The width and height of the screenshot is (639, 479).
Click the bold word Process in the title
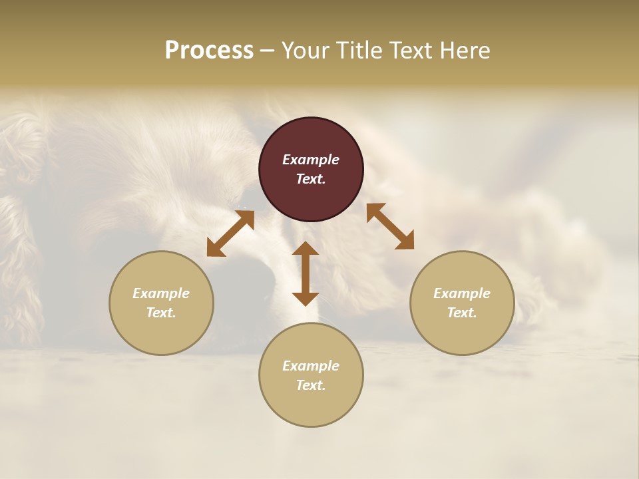coord(209,51)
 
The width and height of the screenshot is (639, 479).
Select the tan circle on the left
coord(161,333)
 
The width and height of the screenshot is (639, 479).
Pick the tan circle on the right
coord(462,333)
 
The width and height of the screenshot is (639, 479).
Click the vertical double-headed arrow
coord(306,273)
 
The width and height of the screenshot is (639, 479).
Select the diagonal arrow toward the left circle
coord(230,232)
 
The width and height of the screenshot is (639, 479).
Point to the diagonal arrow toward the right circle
coord(391,226)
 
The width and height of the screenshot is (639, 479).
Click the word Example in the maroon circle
coord(311,160)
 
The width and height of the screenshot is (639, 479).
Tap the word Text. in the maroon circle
coord(311,179)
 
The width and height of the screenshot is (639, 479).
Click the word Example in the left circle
coord(161,293)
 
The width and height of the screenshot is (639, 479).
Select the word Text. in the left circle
coord(161,313)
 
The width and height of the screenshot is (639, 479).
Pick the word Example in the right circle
coord(462,293)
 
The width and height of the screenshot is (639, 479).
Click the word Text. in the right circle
coord(462,313)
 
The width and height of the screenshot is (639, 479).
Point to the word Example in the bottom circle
coord(311,366)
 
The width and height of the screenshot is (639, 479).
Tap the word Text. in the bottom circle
coord(311,385)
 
